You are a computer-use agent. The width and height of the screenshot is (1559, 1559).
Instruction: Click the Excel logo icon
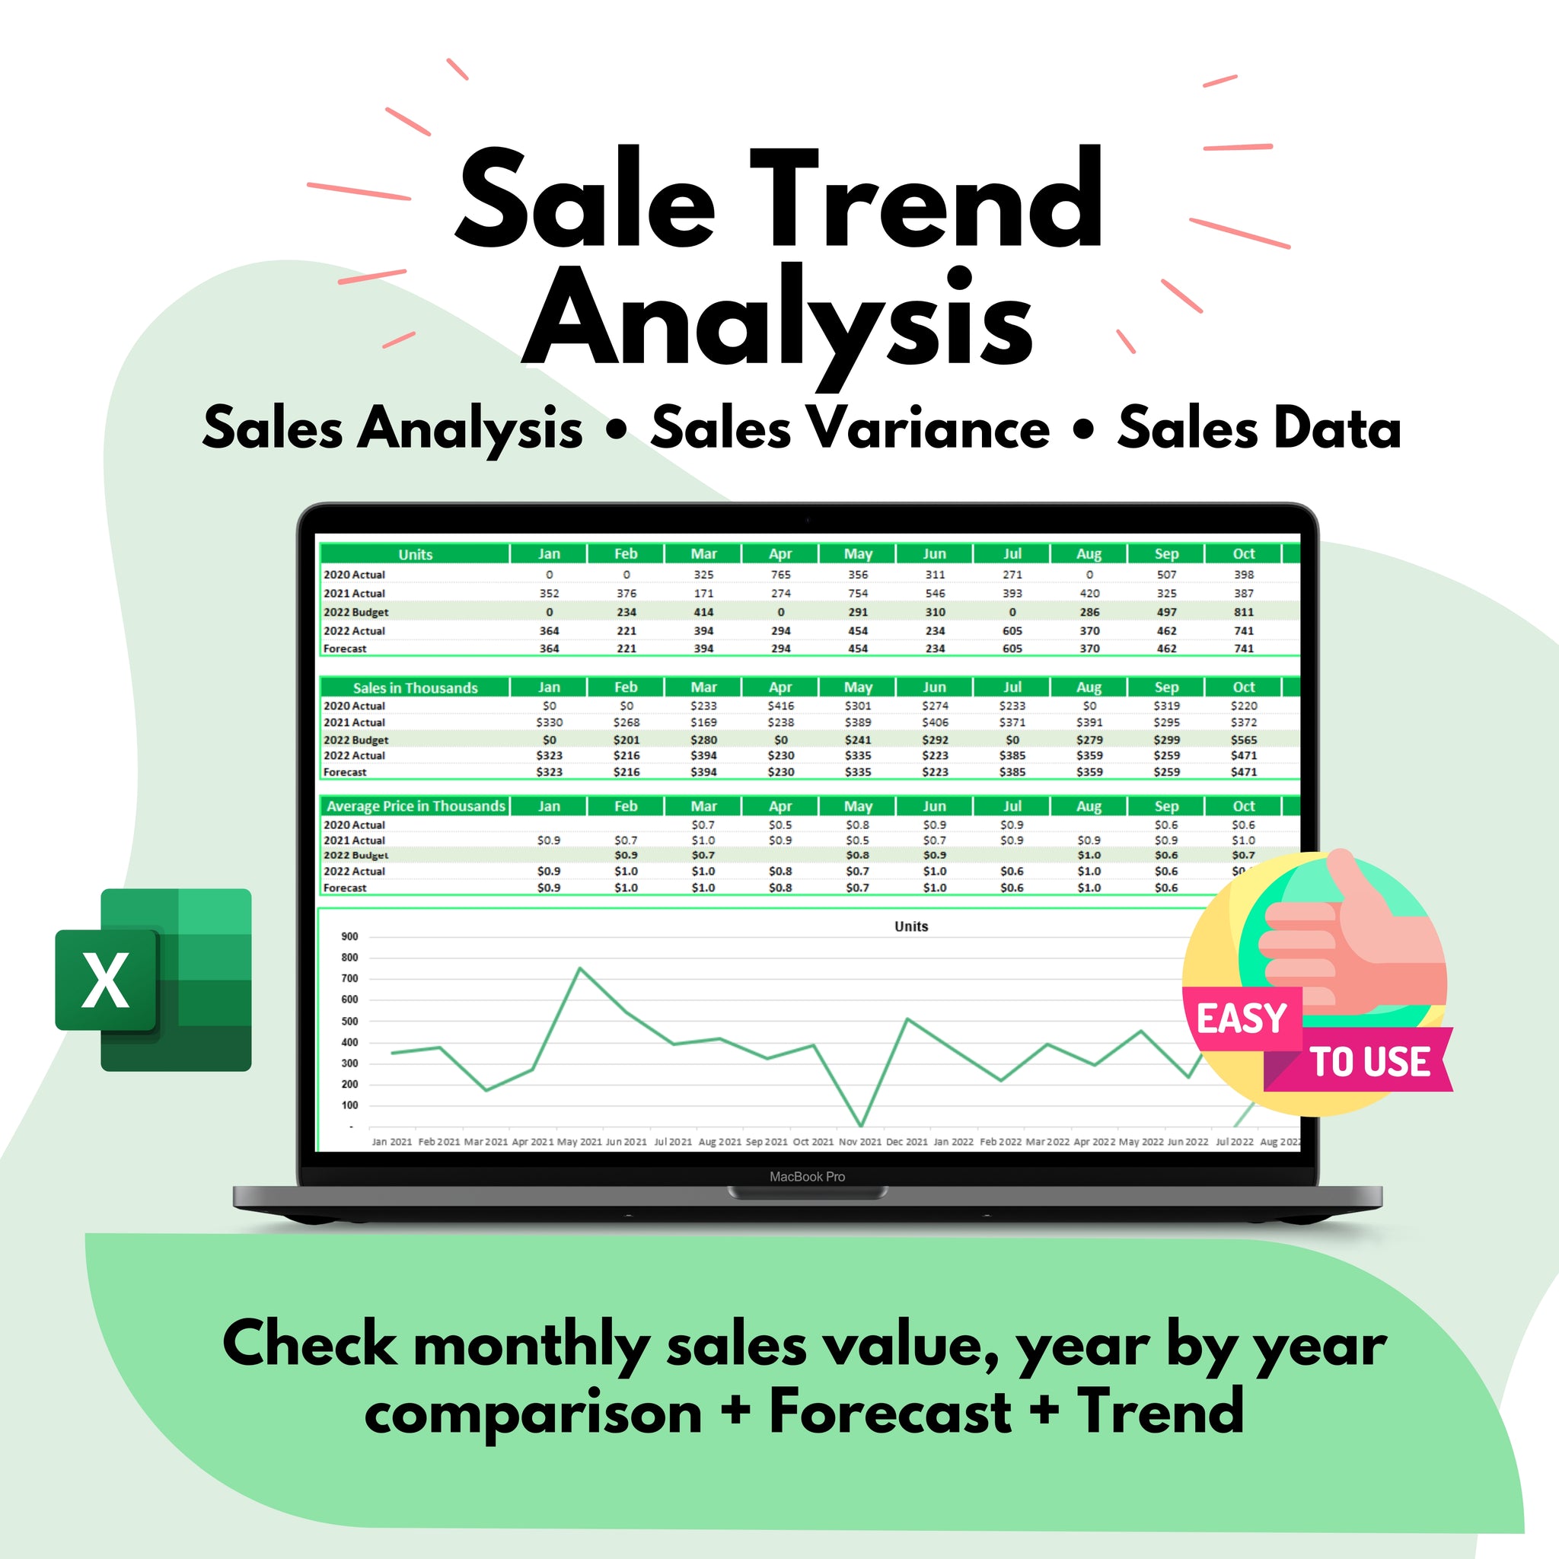[153, 980]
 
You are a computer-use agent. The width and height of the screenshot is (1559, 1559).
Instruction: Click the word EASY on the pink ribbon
[1241, 1019]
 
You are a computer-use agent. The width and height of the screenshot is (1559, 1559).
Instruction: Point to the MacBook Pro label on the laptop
[807, 1177]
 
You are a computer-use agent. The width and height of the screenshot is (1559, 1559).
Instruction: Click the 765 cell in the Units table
[780, 575]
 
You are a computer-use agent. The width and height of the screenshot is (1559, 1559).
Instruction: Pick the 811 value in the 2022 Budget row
[1244, 612]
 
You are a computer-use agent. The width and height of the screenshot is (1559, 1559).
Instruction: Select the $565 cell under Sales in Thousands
[1244, 739]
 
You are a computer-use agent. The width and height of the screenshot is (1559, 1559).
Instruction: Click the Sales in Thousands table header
[415, 687]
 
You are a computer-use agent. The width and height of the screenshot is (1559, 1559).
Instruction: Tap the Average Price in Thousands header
[416, 806]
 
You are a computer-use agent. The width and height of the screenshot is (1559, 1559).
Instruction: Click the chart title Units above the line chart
[911, 926]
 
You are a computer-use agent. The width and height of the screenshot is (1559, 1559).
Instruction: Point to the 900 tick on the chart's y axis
[349, 937]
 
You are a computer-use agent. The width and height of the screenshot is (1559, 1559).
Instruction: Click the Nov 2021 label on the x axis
[859, 1142]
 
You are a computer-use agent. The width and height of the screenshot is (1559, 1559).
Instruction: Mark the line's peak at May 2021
[580, 968]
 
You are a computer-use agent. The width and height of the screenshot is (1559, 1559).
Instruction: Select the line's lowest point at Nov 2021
[861, 1125]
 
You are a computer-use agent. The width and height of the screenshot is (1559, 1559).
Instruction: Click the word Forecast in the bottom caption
[889, 1412]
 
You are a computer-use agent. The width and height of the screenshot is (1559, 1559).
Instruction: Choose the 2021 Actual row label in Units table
[354, 593]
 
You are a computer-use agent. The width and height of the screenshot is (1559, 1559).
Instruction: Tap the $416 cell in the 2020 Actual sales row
[780, 705]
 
